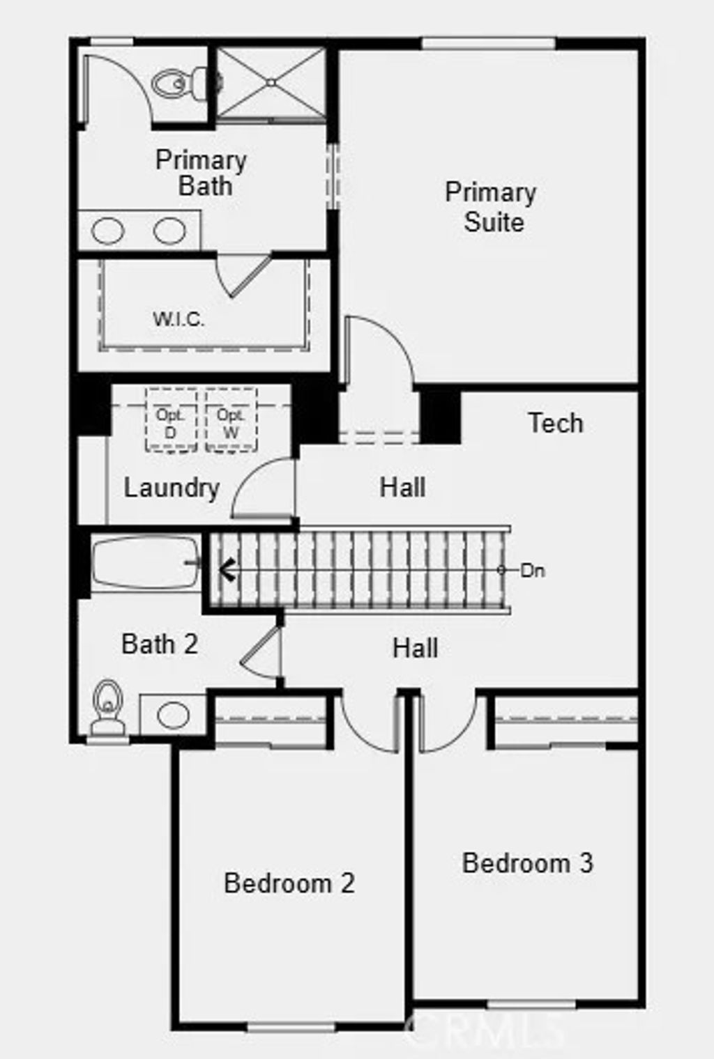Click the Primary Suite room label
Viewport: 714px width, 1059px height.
pos(491,207)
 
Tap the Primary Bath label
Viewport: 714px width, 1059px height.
pos(202,173)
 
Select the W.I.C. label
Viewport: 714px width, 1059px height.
pos(178,320)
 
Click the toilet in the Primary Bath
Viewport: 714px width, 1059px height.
pos(178,84)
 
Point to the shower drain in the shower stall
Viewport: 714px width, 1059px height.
pos(271,83)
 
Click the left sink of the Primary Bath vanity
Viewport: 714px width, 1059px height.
pos(108,231)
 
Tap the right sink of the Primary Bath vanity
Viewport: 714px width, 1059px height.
pos(169,231)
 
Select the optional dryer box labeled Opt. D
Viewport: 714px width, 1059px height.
pos(171,422)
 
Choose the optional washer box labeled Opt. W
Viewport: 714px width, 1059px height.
pos(231,422)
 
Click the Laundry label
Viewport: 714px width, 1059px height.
pos(172,488)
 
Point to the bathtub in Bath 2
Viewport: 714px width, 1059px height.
pos(145,562)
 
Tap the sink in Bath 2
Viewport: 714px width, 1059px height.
pos(173,714)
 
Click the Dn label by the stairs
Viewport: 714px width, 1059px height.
pos(532,571)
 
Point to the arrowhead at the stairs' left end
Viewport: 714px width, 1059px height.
pos(225,569)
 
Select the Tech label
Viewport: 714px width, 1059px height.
pos(555,423)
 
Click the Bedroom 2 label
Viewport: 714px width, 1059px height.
pos(289,883)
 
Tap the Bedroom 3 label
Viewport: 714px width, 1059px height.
pos(527,863)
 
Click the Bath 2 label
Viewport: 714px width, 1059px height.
pos(160,644)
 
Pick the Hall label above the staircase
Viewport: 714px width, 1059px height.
pos(402,487)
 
